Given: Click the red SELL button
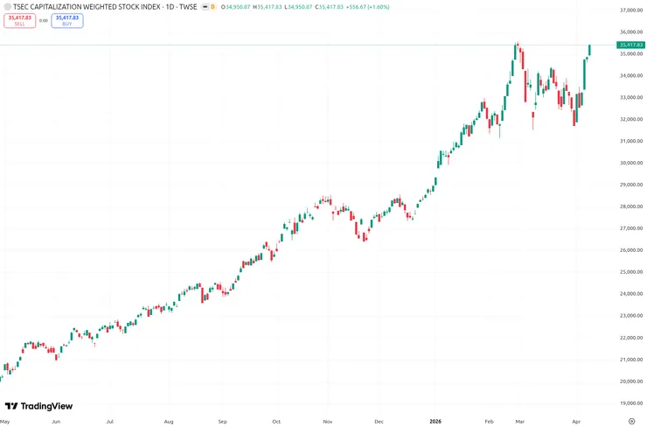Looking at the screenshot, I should tap(19, 20).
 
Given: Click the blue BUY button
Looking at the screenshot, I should tap(67, 20).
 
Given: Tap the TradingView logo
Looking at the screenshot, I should tap(38, 406).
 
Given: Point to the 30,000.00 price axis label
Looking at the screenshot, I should tap(630, 163).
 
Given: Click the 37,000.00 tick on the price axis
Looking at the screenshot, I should tap(630, 10).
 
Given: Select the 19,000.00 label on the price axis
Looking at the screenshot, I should tap(630, 403).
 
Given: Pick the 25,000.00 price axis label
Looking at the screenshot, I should tap(630, 272).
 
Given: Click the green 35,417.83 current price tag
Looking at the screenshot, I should tap(630, 45).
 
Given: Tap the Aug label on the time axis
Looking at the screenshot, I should tap(169, 421).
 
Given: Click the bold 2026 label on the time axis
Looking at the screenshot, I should tap(435, 421).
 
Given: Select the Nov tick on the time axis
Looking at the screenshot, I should tap(328, 421).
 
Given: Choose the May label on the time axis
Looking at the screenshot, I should tap(6, 421).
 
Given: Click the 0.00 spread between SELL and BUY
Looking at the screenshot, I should tap(43, 20).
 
